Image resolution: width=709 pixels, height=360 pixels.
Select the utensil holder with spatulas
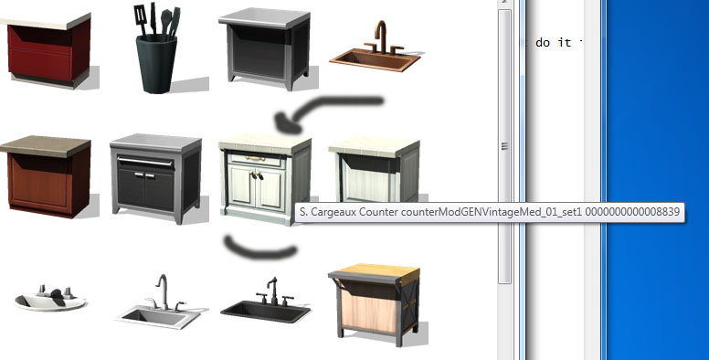click(156, 48)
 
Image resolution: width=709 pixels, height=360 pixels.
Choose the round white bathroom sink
click(49, 299)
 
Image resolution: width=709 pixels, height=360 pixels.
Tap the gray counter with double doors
click(156, 178)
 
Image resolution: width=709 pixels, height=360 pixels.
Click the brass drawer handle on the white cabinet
click(256, 159)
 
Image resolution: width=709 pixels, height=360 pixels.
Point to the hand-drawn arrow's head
click(286, 122)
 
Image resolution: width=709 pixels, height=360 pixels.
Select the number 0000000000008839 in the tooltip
click(632, 212)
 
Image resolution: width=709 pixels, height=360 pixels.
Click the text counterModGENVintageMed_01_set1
click(492, 212)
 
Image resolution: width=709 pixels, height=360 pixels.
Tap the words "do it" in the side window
click(554, 43)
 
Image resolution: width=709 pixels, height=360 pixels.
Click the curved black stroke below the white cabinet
click(260, 251)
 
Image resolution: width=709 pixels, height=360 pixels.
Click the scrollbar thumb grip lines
click(504, 146)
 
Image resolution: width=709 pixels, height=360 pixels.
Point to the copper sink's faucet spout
click(382, 28)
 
